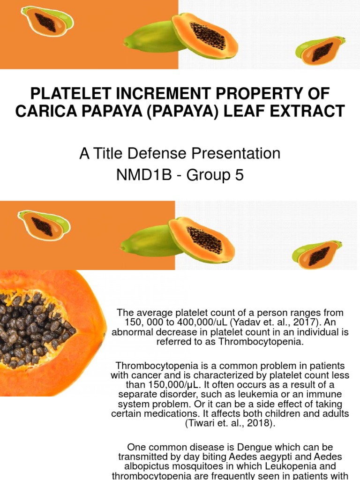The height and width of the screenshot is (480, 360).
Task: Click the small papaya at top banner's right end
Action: (x=321, y=50)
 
